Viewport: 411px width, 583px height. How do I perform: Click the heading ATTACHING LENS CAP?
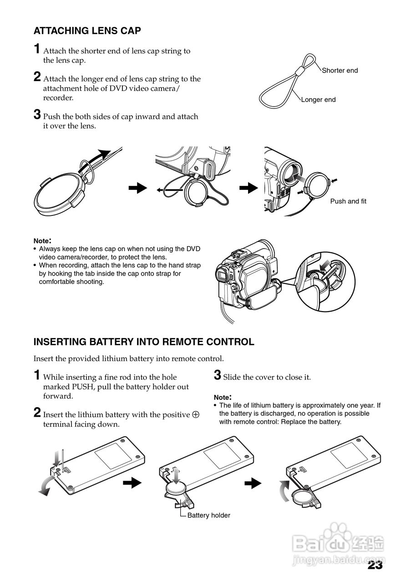[87, 31]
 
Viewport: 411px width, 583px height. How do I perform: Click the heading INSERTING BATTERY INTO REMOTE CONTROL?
[144, 342]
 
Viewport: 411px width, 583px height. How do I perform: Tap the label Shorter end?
[340, 71]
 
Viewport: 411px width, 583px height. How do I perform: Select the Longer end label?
[318, 100]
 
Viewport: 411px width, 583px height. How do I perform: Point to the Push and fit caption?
[348, 201]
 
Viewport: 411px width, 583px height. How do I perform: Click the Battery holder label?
[208, 516]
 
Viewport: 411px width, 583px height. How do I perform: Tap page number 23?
[375, 566]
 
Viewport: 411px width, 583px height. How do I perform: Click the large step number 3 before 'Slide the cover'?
[218, 375]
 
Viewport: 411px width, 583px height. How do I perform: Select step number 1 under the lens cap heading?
[37, 49]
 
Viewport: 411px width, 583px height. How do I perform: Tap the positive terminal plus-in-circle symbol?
[196, 415]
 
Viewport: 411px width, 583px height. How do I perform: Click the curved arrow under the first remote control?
[46, 487]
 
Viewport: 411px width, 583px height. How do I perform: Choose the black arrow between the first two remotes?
[133, 483]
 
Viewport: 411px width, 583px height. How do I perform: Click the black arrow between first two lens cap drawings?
[138, 188]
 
